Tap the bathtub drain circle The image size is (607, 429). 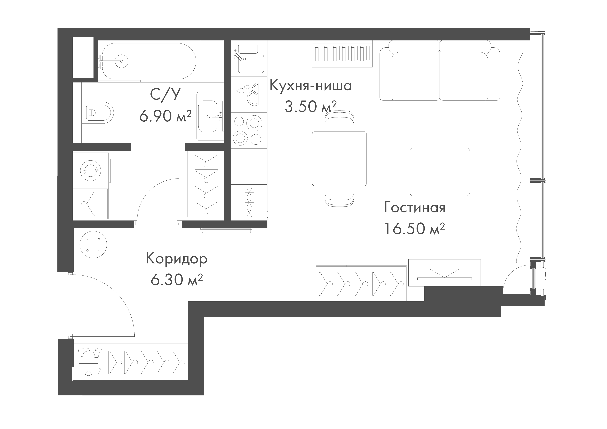(122, 61)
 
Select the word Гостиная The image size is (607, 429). (414, 208)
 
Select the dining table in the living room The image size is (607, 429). (339, 159)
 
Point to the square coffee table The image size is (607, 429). (439, 172)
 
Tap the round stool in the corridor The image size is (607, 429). (93, 244)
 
